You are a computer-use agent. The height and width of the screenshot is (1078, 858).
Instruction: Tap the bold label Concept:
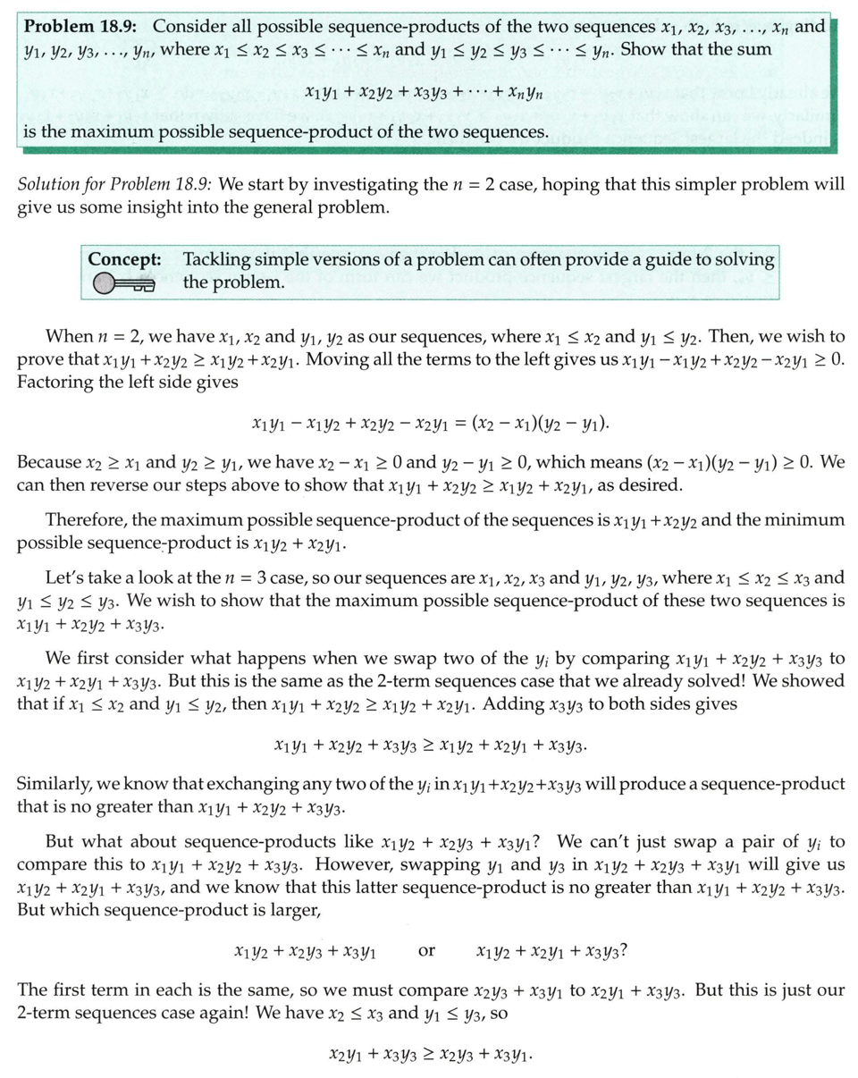pos(125,259)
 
